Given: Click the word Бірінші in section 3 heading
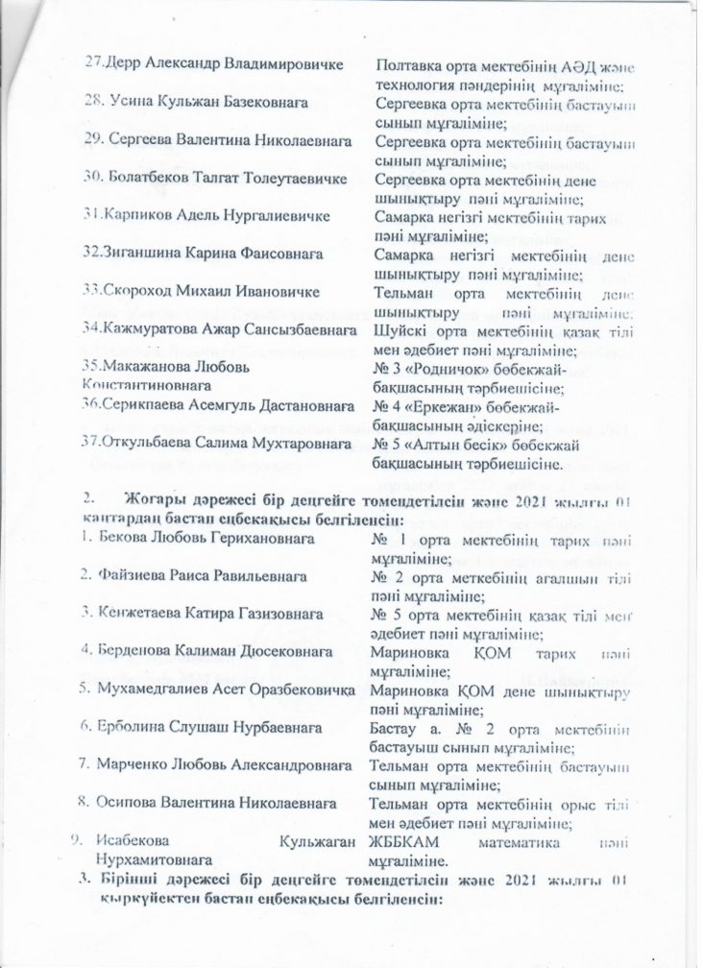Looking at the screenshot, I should pyautogui.click(x=135, y=881).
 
